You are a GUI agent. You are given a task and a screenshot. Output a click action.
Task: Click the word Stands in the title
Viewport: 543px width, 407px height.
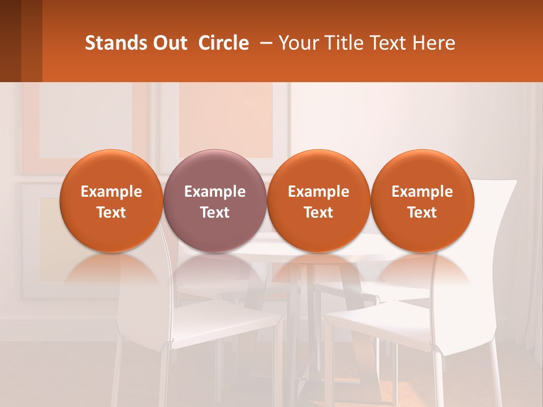109,43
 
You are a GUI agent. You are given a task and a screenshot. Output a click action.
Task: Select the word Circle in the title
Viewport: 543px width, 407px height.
223,43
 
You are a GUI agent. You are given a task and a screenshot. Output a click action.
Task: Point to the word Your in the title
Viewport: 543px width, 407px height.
299,43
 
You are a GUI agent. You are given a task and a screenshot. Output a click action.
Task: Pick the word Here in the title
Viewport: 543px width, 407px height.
434,43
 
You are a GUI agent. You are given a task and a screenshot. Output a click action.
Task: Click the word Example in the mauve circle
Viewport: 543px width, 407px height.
215,192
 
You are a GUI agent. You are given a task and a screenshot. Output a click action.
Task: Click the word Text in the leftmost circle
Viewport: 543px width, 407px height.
111,213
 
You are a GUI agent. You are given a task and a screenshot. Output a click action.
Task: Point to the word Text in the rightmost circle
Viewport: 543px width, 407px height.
422,213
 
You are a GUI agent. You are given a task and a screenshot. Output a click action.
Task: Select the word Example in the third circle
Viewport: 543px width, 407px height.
318,192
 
